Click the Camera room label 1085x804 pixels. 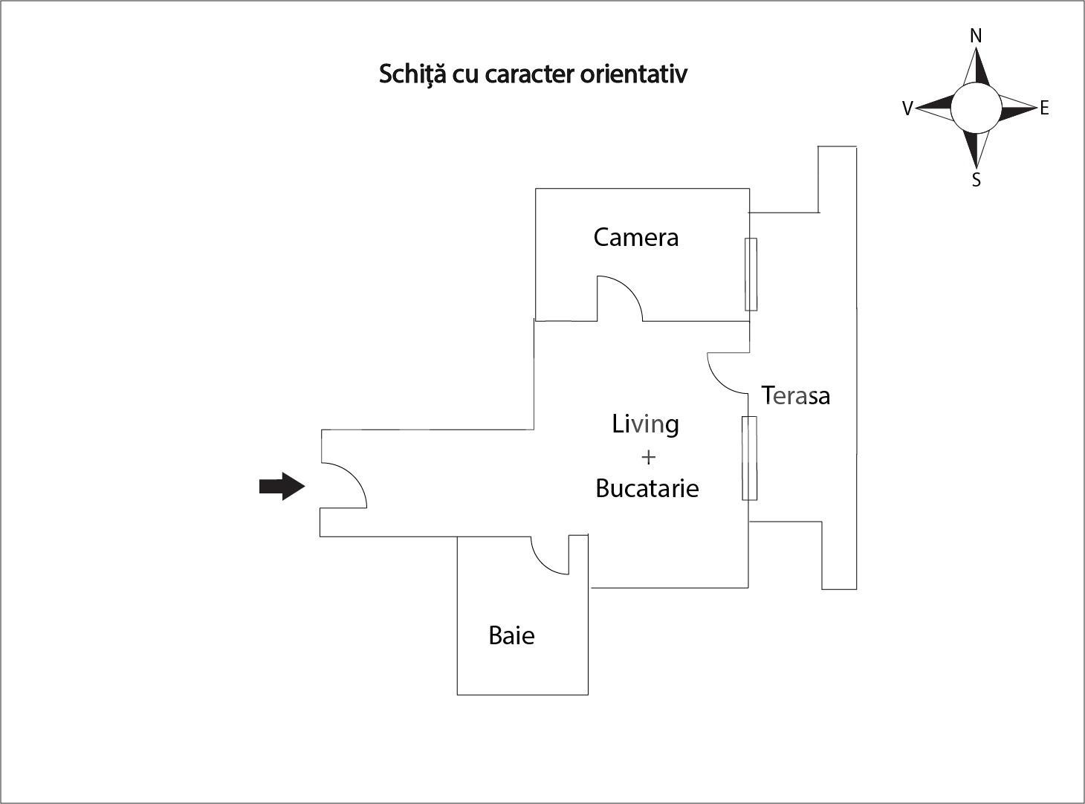[635, 237]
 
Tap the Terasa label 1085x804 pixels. [795, 395]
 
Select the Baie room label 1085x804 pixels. [511, 635]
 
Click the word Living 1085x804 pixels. [645, 424]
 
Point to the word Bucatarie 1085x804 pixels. [647, 488]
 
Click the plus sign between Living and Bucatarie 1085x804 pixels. [647, 456]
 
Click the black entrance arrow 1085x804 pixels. [282, 487]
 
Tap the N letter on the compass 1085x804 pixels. [976, 36]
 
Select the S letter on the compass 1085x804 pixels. [976, 180]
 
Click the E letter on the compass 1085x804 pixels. [1044, 108]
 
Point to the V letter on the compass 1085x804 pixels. [907, 109]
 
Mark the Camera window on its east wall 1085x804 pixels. [751, 274]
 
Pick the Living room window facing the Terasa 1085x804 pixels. [749, 458]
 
